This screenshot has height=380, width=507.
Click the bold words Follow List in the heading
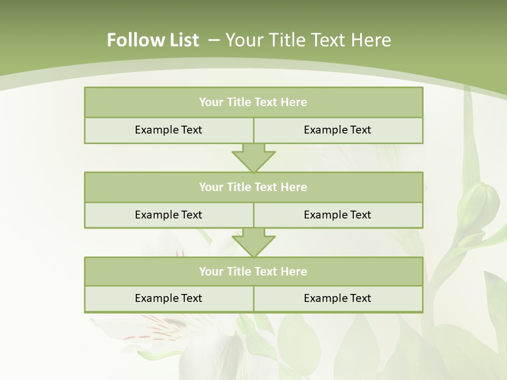pos(153,40)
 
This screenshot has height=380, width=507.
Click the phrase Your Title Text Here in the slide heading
pos(308,40)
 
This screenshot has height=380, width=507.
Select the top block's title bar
pos(253,102)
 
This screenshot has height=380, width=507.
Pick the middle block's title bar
pos(253,187)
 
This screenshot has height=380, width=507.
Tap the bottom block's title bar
pos(253,271)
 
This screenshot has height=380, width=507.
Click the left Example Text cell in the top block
pos(168,130)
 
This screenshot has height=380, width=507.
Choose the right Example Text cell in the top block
pos(337,130)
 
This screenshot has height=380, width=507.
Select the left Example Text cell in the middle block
pos(168,215)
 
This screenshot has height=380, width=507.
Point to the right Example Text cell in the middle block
pos(337,215)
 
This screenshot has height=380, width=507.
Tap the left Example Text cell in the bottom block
pos(168,298)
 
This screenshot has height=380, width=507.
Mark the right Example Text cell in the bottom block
pos(337,298)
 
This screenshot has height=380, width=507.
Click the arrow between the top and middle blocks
pos(253,158)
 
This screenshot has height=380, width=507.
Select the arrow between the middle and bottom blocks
pos(253,242)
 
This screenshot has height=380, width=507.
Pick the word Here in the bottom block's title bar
pos(294,271)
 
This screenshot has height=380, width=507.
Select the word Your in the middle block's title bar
pos(211,187)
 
